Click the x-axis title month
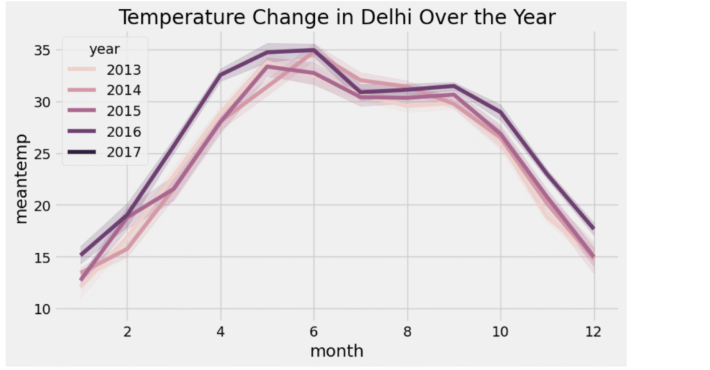coord(336,351)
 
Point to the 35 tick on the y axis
coord(43,51)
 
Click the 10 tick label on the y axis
coord(43,309)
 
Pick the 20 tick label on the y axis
coord(43,206)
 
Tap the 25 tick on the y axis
coord(43,154)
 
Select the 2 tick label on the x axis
coord(127,331)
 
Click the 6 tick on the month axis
coord(313,331)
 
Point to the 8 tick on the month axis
coord(407,331)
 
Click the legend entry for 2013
coord(124,69)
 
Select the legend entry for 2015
coord(124,111)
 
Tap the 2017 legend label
coord(124,152)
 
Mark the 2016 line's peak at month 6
coord(313,50)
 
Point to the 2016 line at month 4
coord(220,75)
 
